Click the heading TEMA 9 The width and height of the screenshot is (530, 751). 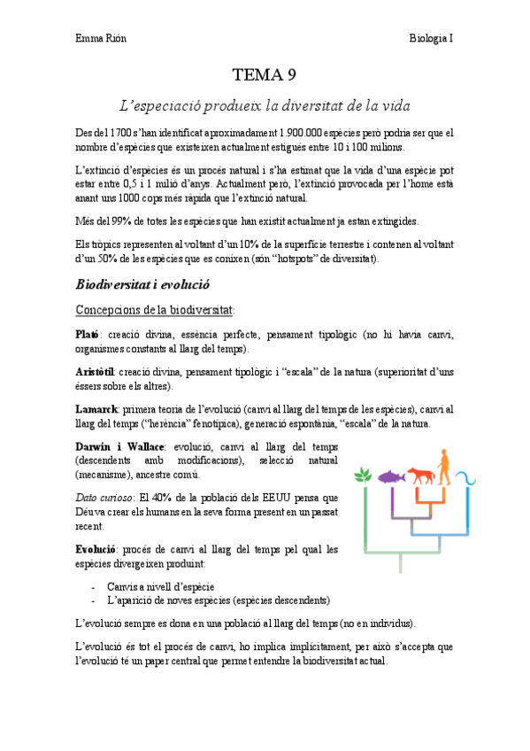pos(265,74)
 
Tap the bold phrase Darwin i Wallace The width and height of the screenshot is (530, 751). pos(119,449)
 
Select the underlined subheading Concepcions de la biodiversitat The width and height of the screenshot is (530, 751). pos(154,309)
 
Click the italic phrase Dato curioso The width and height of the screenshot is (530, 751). pos(104,499)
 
